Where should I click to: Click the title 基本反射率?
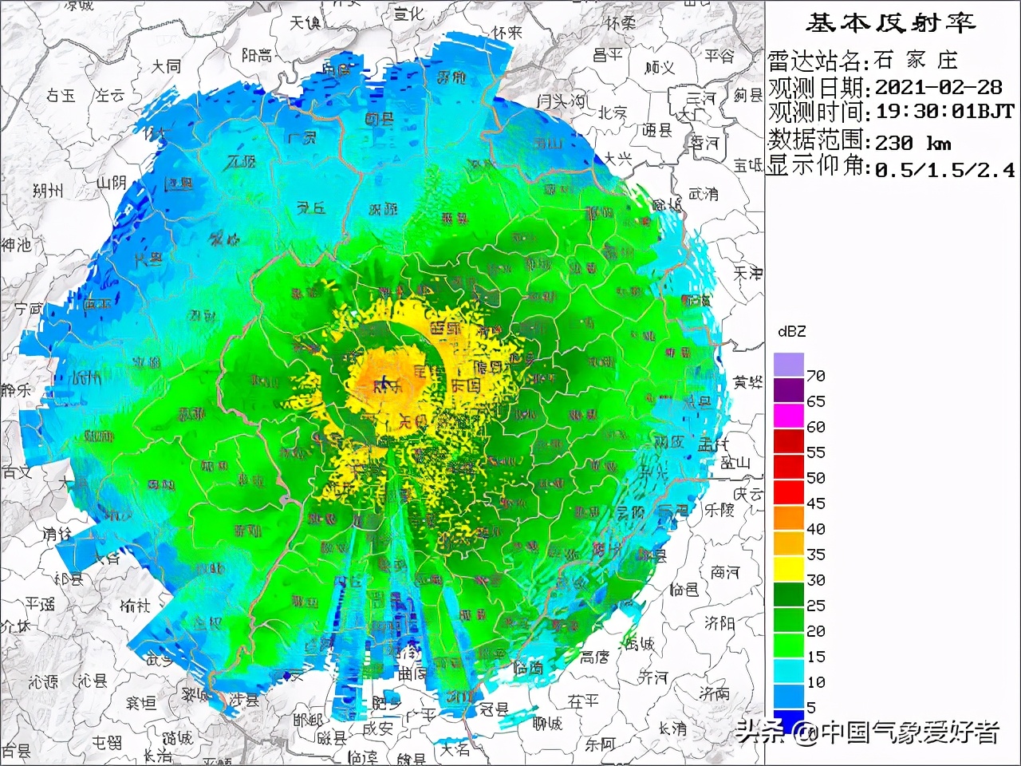[x=890, y=23]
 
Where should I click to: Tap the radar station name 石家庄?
[x=915, y=61]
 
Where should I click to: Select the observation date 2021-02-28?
[x=938, y=87]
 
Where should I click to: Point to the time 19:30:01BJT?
[x=944, y=113]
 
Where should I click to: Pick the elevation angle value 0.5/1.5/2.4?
[x=944, y=169]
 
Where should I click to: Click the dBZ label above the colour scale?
[x=791, y=331]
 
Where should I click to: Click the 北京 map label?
[x=613, y=113]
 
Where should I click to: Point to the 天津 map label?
[x=748, y=274]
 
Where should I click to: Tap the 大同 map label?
[x=166, y=66]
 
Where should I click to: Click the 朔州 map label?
[x=48, y=191]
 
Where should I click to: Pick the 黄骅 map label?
[x=748, y=383]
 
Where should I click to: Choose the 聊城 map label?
[x=548, y=724]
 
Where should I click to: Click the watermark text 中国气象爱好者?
[x=910, y=732]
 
